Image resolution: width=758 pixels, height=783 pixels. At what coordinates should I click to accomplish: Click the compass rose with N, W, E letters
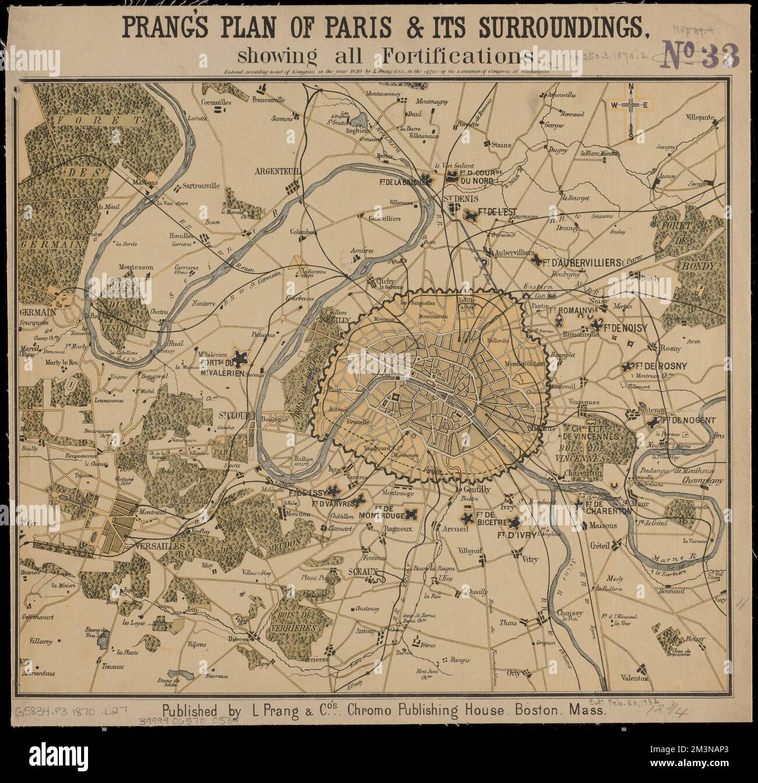click(631, 106)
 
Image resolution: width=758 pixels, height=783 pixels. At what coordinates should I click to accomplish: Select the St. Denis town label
click(458, 199)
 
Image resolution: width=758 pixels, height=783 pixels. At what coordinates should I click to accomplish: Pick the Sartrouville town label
click(201, 186)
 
